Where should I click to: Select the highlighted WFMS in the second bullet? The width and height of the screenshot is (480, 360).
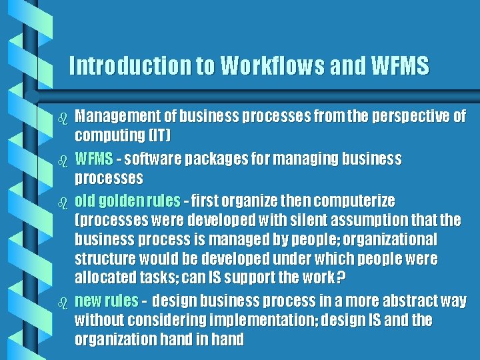pyautogui.click(x=92, y=159)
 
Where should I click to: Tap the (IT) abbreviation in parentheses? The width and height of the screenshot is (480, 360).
pyautogui.click(x=159, y=136)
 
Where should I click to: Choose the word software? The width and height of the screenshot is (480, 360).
pyautogui.click(x=144, y=159)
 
